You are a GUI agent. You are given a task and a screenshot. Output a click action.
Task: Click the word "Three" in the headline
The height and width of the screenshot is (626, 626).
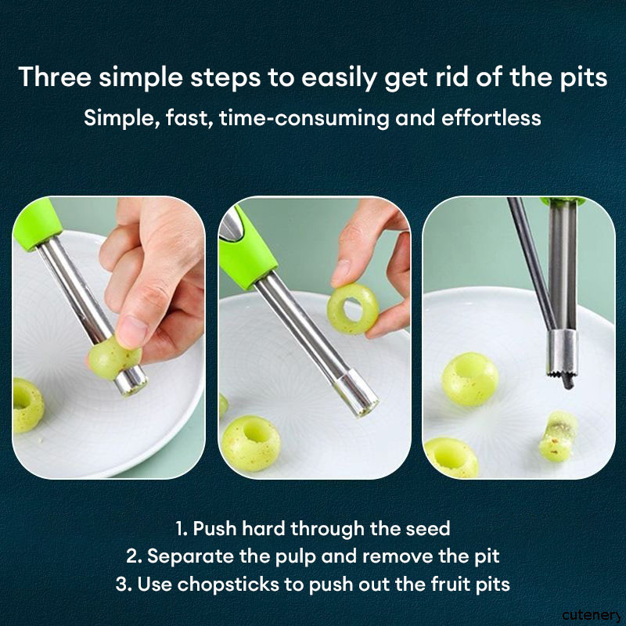coord(55,77)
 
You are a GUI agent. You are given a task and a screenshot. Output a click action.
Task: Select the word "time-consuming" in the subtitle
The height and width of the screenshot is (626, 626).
coord(304,118)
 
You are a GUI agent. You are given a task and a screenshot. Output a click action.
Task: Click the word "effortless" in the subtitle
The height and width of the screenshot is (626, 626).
coord(491,118)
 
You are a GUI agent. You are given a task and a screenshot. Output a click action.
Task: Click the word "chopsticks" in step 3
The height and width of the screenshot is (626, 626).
coord(228,585)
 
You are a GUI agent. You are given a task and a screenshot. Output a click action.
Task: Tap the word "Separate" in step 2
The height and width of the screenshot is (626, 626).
coord(190,556)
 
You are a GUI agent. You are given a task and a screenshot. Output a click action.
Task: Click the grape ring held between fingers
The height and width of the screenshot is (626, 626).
coord(353,308)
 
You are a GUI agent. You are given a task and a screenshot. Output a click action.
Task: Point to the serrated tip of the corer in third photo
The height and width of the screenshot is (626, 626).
coord(561,373)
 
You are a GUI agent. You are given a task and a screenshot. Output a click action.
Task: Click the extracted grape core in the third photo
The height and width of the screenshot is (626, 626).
coord(559,436)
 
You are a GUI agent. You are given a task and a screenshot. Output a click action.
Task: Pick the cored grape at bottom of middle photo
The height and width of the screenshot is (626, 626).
coord(250,443)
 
